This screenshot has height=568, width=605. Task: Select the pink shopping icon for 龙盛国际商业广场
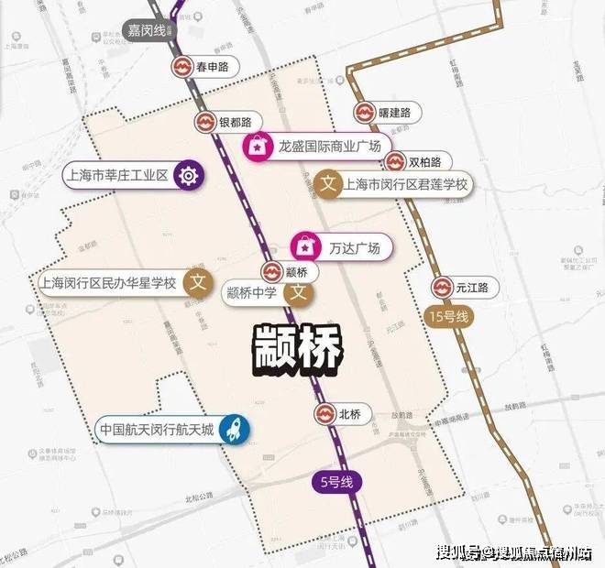[257, 146]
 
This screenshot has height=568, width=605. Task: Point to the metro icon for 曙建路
[364, 113]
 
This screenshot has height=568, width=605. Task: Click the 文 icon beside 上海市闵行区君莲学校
[328, 183]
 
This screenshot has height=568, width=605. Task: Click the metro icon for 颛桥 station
[272, 272]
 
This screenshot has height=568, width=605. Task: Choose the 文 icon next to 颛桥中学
[297, 293]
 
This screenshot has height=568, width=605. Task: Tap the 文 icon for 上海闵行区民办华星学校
[193, 282]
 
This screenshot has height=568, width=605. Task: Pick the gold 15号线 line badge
[448, 317]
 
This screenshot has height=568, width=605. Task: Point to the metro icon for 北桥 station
[324, 413]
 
